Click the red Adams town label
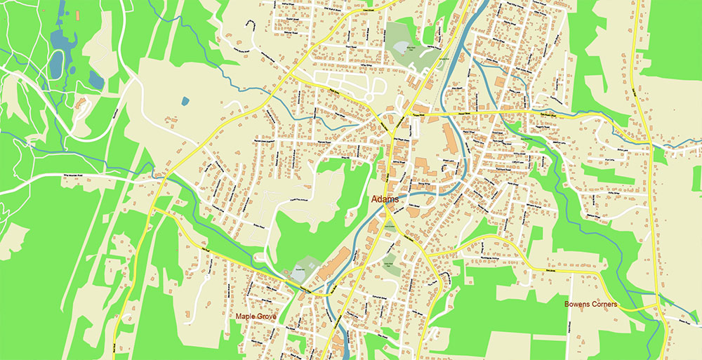(x=385, y=199)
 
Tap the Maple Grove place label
(x=256, y=316)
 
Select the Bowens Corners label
(x=590, y=305)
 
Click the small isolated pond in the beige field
(x=185, y=101)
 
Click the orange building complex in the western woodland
(x=81, y=105)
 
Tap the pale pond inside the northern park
(x=404, y=49)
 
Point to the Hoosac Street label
(x=418, y=111)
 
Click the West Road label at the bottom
(x=114, y=345)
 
